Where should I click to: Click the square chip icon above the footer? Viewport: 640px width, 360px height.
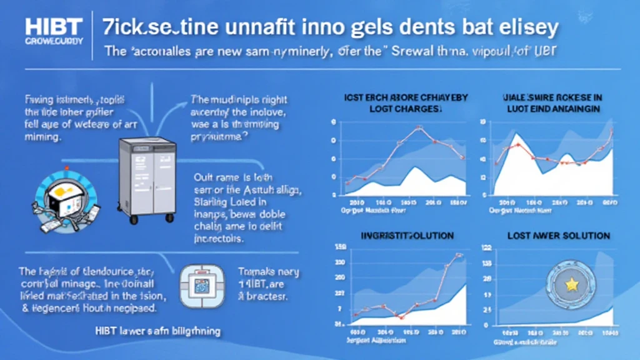201,285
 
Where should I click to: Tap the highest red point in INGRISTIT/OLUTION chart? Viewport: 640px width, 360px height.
459,254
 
